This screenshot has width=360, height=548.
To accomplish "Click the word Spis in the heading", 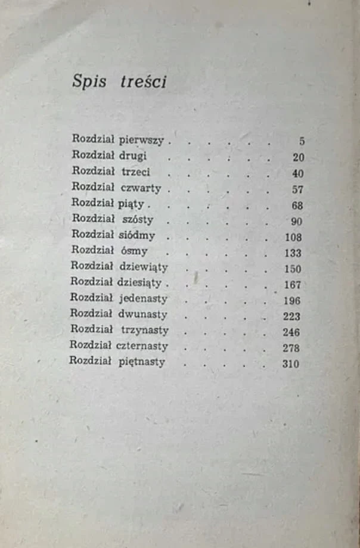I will point(89,82).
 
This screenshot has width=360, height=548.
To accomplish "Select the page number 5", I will point(302,142).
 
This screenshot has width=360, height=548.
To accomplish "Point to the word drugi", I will point(132,157).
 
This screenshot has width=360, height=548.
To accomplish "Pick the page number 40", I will point(298,174).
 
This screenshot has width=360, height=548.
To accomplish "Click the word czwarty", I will point(141,188).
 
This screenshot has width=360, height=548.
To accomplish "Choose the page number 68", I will point(298,205).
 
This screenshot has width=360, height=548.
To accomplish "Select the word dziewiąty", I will point(144,267).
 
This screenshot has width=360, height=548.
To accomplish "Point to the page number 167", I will point(292,285).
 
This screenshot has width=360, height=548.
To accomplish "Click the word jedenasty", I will point(144,298).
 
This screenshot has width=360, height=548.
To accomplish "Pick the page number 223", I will point(291,316).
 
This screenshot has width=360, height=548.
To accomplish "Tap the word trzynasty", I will point(144,330).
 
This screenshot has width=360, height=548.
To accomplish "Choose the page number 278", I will point(291,348).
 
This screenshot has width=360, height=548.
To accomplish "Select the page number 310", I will point(290,364).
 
